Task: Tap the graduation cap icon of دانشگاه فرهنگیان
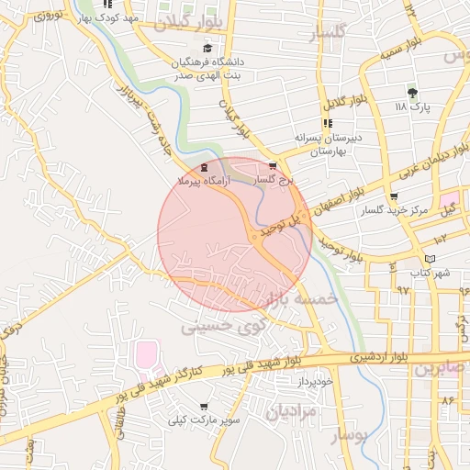click(207, 49)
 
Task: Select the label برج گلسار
click(273, 181)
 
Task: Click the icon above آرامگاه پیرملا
click(203, 166)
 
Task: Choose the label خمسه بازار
click(297, 299)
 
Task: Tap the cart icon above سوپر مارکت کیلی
click(203, 406)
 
